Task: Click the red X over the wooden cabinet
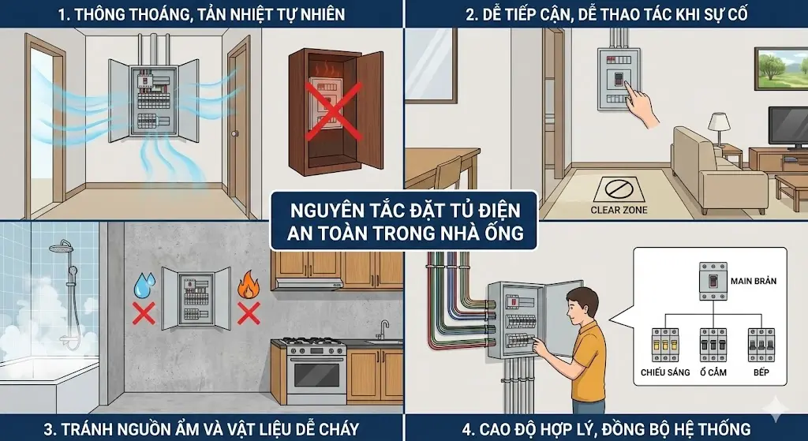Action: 334,111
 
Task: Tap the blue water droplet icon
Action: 144,286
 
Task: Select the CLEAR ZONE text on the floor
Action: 619,210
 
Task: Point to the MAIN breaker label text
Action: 754,282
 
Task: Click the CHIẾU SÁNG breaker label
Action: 665,372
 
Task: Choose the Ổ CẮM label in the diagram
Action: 713,372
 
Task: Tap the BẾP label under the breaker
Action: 761,372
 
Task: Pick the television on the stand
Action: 788,127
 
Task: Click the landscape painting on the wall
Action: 781,69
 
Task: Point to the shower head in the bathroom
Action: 61,246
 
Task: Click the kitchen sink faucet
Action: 384,329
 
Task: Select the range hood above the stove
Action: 309,284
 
